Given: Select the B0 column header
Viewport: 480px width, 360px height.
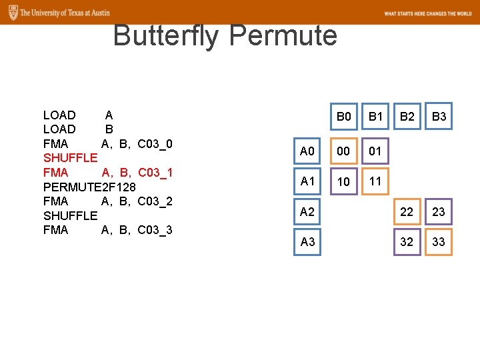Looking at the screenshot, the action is tap(343, 117).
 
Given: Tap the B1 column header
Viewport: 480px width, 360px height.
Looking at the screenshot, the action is tap(375, 117).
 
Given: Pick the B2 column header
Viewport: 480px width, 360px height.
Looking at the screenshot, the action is tap(407, 117).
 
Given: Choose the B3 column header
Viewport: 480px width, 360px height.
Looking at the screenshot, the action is tap(439, 117).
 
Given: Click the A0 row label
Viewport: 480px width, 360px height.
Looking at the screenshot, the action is tap(307, 151).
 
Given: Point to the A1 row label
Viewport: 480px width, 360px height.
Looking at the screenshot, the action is tap(307, 181).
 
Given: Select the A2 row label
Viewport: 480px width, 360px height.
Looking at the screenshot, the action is tap(307, 212).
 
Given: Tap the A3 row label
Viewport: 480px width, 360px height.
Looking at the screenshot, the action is tap(307, 242).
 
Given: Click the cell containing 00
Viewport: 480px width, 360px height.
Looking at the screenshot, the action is tap(343, 151).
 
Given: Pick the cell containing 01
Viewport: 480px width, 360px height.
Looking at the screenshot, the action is tap(375, 151).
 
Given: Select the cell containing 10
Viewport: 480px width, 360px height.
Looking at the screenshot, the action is tap(343, 181).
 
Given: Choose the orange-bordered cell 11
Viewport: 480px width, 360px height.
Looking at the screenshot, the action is tap(375, 181).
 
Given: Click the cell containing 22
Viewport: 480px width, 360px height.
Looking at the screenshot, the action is tap(407, 212).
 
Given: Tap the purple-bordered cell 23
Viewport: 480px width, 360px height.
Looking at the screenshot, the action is tap(439, 212).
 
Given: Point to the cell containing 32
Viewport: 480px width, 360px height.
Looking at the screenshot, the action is tap(407, 242).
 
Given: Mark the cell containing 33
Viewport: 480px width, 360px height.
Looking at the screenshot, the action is tap(439, 242).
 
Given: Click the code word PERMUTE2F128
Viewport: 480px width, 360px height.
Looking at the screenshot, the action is tap(89, 187).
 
